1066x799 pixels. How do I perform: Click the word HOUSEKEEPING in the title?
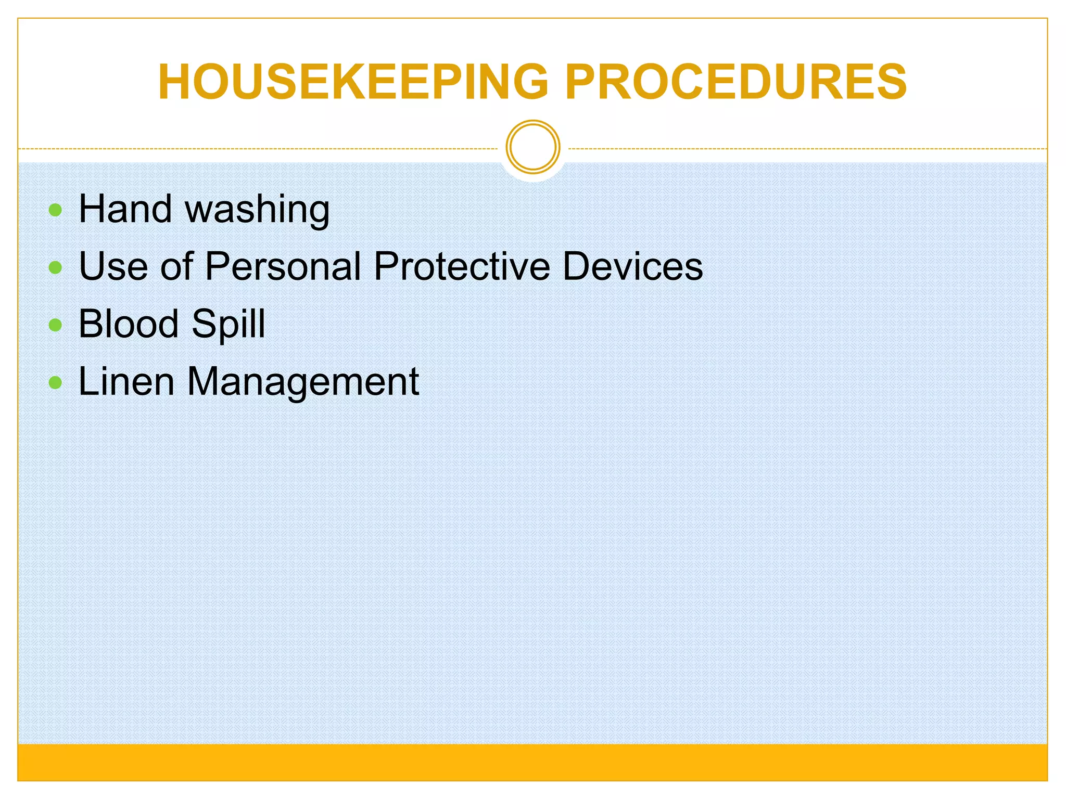point(353,82)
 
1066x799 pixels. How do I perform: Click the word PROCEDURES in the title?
point(736,82)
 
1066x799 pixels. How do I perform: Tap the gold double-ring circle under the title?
point(533,147)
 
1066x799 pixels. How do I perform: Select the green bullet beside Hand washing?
point(55,210)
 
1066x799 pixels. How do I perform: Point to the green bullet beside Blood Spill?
point(55,325)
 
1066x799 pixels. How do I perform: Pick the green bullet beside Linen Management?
point(55,383)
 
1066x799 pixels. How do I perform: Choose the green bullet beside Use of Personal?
point(55,267)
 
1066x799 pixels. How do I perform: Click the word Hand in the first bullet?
point(125,209)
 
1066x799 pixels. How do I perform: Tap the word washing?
point(257,211)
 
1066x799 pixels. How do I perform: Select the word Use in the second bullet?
point(113,266)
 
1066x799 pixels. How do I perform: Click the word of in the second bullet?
point(177,266)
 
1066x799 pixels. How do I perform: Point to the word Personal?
point(283,266)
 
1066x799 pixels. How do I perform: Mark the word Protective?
point(462,266)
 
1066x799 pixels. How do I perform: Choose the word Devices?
point(633,266)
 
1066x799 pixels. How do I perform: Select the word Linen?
point(126,382)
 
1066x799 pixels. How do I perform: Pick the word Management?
point(303,383)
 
